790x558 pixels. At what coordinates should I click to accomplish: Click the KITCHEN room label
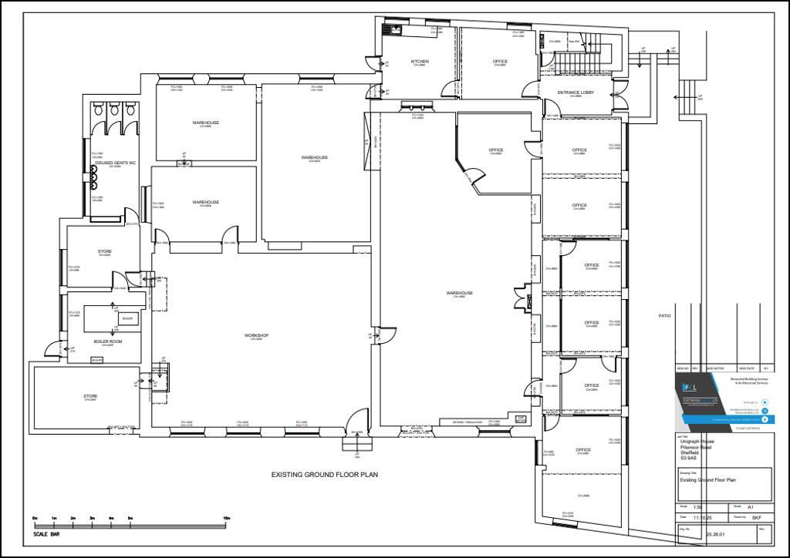coord(420,62)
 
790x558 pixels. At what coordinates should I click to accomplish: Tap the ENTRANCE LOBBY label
coord(576,92)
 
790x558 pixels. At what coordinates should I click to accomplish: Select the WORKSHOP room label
coord(256,336)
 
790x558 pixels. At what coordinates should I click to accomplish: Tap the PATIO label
coord(664,317)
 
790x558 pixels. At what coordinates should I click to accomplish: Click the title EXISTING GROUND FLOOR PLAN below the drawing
coord(324,475)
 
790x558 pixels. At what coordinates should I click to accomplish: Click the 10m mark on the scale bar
coord(225,518)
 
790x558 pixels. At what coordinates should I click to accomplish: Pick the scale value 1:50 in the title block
coord(698,506)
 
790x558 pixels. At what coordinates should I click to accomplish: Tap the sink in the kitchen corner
coord(394,30)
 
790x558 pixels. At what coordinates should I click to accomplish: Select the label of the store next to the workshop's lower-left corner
coord(90,397)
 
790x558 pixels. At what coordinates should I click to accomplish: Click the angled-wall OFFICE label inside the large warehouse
coord(496,150)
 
